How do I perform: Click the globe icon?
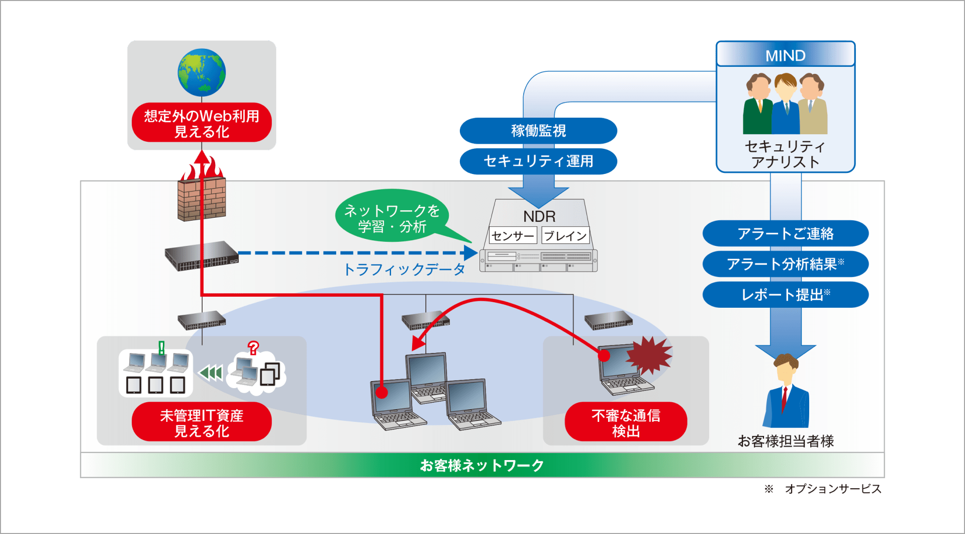[x=202, y=72]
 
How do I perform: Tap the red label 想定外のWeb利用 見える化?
[x=202, y=123]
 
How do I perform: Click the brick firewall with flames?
[x=202, y=199]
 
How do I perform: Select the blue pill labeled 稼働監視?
[x=538, y=131]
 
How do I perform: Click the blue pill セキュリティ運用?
[x=538, y=161]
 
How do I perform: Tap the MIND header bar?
[x=785, y=55]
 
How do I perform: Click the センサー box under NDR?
[x=513, y=235]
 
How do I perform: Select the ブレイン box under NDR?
[x=565, y=235]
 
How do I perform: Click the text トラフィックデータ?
[x=405, y=270]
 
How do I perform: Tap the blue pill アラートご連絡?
[x=785, y=233]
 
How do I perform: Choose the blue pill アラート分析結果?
[x=785, y=264]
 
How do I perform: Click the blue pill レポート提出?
[x=785, y=295]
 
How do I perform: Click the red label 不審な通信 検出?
[x=626, y=423]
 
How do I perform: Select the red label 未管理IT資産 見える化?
[x=202, y=423]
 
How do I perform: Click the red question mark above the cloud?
[x=253, y=347]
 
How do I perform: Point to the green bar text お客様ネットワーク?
[x=481, y=465]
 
